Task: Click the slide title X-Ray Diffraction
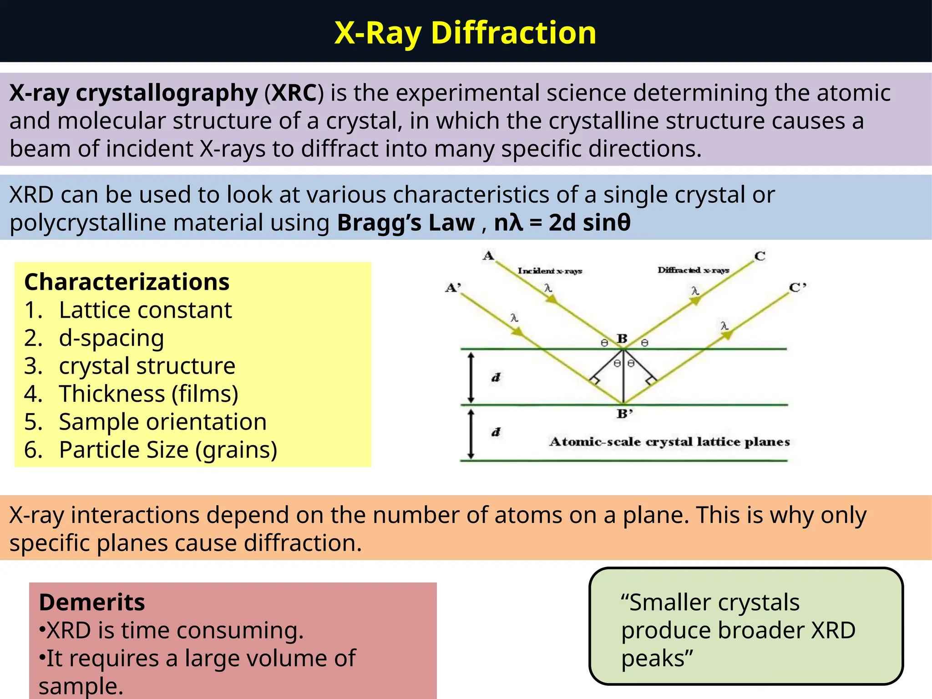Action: (465, 33)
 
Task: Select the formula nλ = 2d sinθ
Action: (562, 223)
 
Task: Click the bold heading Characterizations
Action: (127, 282)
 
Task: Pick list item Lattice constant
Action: (145, 310)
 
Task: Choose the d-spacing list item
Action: (111, 338)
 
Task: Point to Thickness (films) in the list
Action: (148, 394)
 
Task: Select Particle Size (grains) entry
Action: (168, 450)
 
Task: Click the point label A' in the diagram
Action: (453, 288)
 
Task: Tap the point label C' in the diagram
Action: (797, 288)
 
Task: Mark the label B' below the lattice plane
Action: (624, 414)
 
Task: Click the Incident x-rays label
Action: (550, 271)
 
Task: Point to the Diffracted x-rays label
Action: (693, 270)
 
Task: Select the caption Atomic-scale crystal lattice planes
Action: (669, 442)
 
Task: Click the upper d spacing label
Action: (496, 377)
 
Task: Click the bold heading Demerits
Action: (92, 603)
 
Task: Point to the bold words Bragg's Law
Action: (405, 223)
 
